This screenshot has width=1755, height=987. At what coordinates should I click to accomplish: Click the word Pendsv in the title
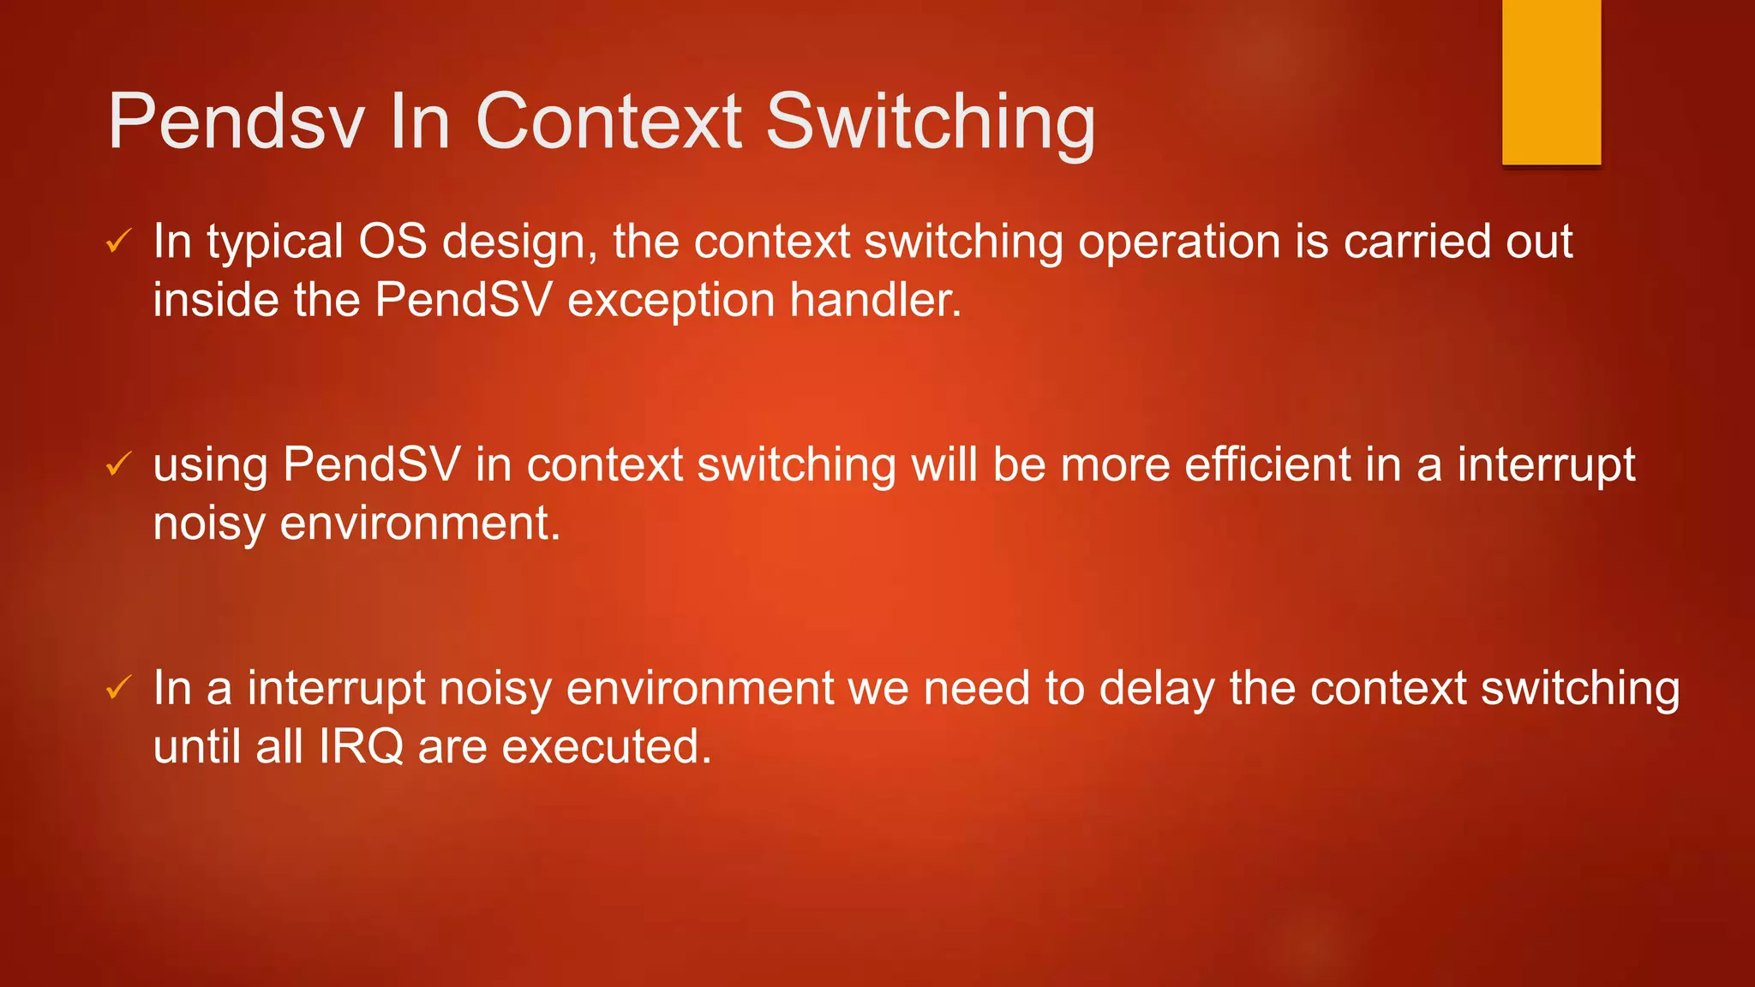click(237, 122)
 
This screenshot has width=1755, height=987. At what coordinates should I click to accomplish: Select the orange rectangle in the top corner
click(1551, 82)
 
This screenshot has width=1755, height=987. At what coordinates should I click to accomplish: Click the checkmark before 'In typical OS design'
click(117, 242)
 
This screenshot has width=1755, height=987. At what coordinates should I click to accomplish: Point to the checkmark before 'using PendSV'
click(117, 464)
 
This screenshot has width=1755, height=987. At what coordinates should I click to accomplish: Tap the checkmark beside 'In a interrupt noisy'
click(117, 687)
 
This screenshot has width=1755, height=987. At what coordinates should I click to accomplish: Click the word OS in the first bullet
click(392, 242)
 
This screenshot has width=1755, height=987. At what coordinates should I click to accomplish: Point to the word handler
click(875, 300)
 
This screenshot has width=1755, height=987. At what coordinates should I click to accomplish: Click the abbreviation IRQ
click(361, 747)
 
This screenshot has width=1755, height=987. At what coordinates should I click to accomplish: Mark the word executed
click(606, 747)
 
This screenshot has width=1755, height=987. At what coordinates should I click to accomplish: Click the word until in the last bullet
click(197, 747)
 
